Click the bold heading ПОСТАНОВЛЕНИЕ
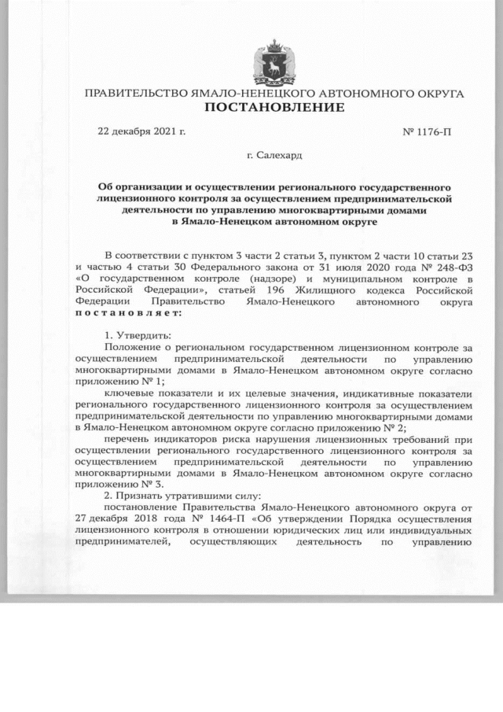pos(274,107)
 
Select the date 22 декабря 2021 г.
pos(141,130)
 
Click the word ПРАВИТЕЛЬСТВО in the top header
pos(135,94)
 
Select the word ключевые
pos(128,393)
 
